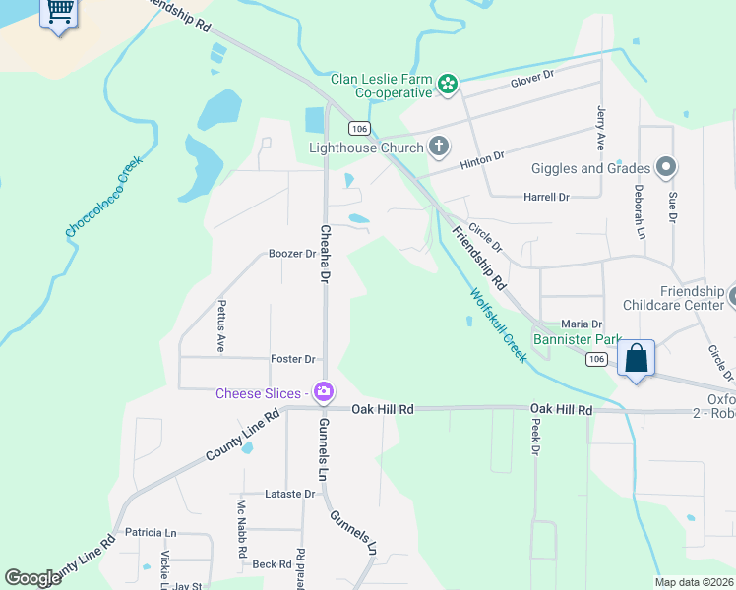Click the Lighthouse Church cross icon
(x=439, y=148)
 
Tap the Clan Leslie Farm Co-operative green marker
(x=448, y=85)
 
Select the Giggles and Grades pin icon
(x=667, y=168)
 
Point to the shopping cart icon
(x=60, y=11)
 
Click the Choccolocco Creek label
(x=104, y=196)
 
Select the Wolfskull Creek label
(x=498, y=324)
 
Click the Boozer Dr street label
(x=291, y=253)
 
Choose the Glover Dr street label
(x=532, y=74)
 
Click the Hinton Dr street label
(x=484, y=156)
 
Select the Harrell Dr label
(x=547, y=197)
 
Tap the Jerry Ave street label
(x=600, y=129)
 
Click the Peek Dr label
(x=536, y=437)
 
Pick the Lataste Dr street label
(x=289, y=494)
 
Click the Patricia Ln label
(x=151, y=532)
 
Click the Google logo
(x=32, y=578)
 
